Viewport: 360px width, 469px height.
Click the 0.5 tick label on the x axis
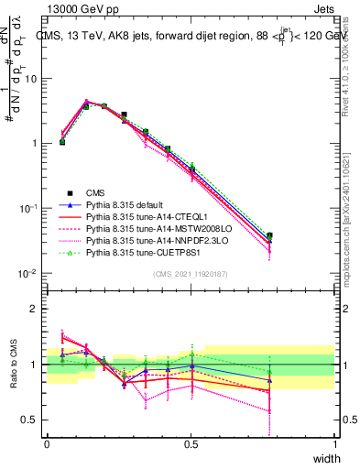point(191,442)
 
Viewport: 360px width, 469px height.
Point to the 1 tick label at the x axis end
point(335,442)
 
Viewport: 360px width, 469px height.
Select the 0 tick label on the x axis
point(47,442)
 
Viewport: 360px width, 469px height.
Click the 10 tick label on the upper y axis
point(32,79)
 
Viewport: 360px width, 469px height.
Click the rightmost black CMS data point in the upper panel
point(321,235)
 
